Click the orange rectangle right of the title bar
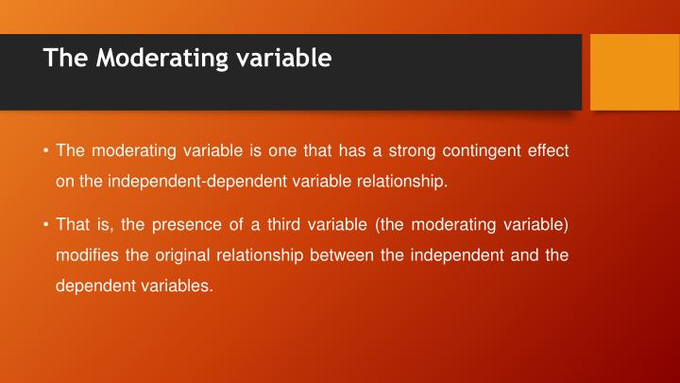620,71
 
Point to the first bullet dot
46,151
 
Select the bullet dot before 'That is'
46,226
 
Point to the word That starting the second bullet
72,226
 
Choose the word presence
202,226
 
